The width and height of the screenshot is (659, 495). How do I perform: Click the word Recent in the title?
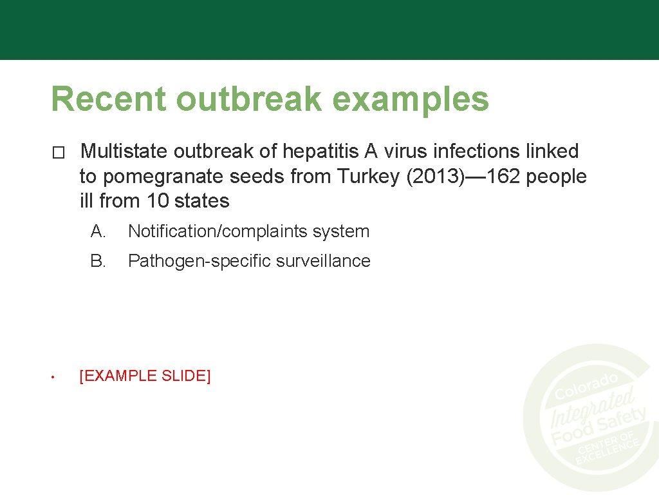(108, 99)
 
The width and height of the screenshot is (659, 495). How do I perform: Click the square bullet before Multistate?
(59, 153)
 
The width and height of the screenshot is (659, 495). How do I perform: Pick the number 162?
(504, 176)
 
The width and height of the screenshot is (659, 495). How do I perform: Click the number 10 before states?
(158, 200)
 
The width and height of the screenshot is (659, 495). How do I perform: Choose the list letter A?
(98, 231)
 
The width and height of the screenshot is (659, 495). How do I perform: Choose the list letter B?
(98, 261)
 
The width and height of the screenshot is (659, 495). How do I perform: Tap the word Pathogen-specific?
(199, 261)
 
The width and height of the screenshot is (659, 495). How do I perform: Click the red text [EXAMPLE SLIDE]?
(145, 376)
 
